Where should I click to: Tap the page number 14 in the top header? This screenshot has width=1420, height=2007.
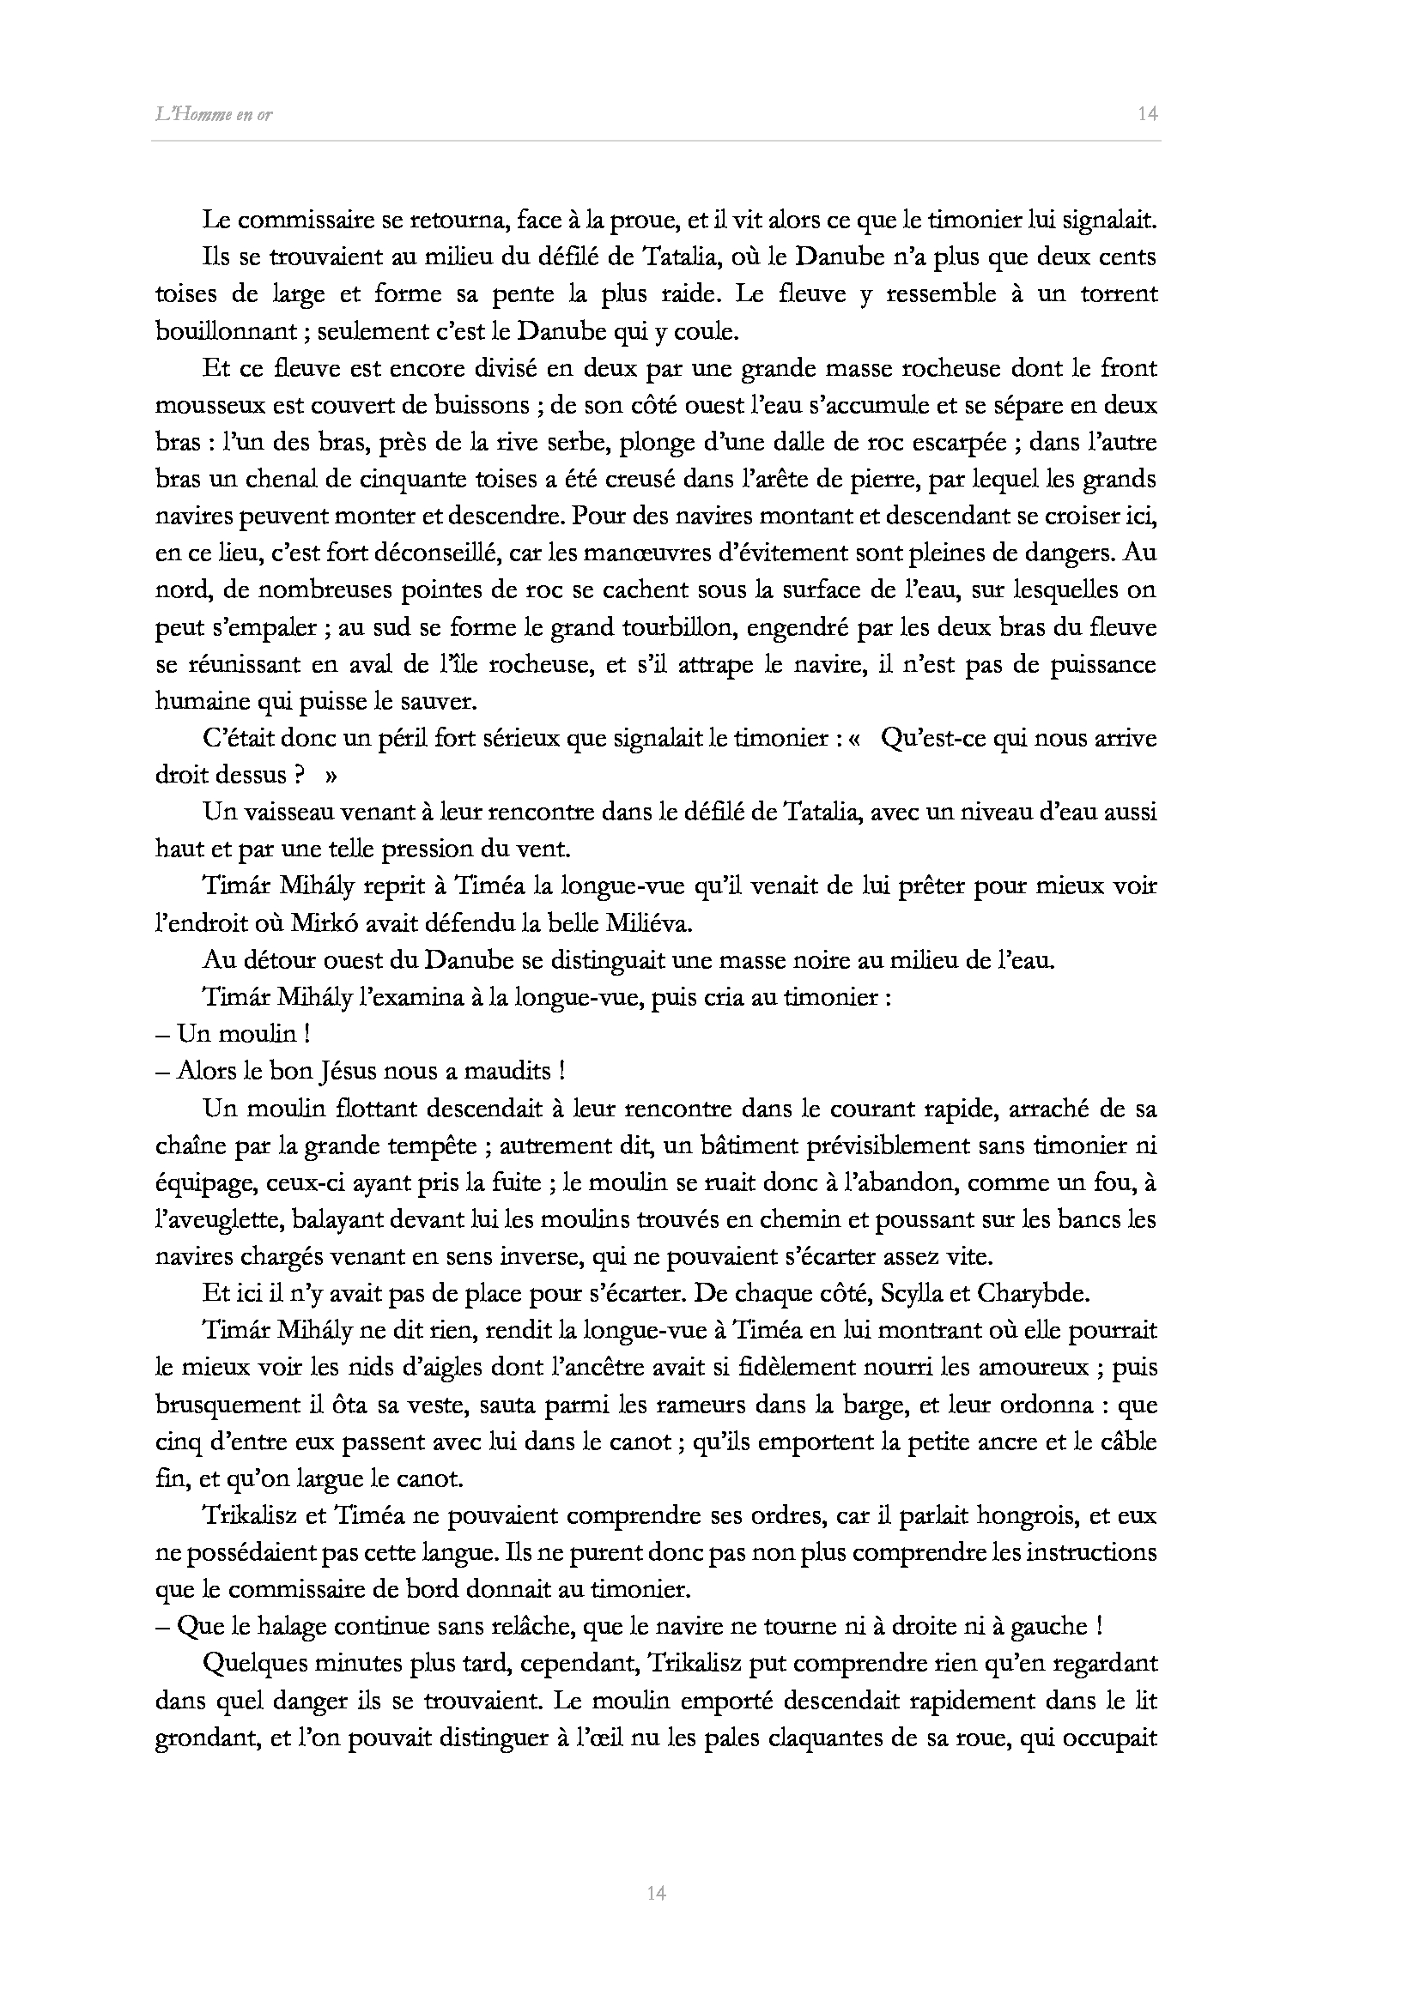tap(1148, 113)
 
